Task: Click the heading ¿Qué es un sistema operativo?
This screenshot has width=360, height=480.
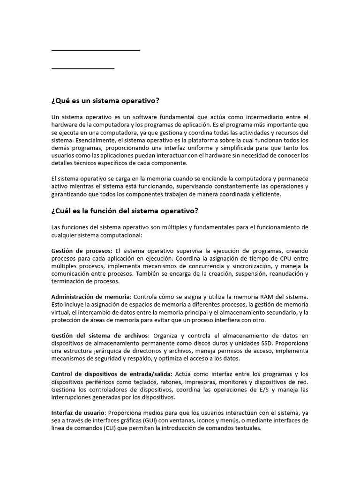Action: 105,101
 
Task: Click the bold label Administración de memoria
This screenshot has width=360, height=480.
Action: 91,297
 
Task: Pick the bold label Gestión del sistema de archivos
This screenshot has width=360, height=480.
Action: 99,335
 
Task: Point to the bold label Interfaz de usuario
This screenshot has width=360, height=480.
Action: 78,412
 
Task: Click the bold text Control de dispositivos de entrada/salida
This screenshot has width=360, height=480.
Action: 112,374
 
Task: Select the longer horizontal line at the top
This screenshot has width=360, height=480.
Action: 96,50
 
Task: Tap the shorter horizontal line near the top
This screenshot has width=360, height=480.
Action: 82,68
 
